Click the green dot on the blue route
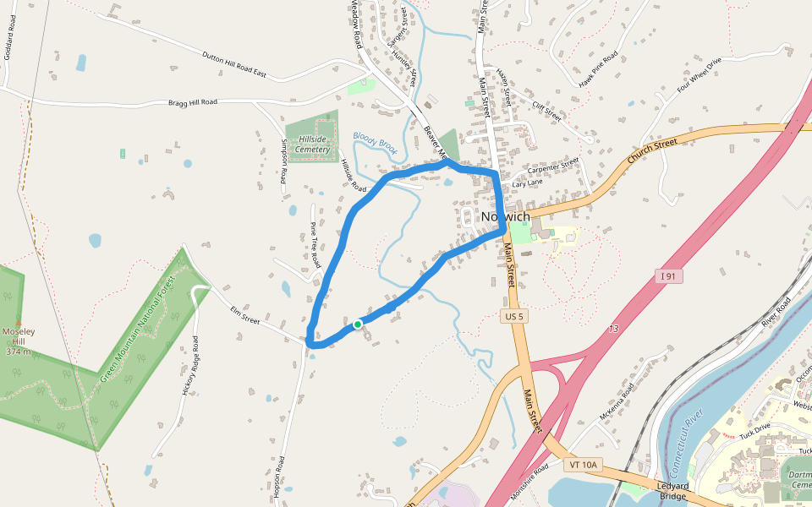pyautogui.click(x=358, y=324)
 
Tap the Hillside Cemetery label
pyautogui.click(x=307, y=144)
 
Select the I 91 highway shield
pyautogui.click(x=667, y=276)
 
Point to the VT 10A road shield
pyautogui.click(x=584, y=465)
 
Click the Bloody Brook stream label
pyautogui.click(x=375, y=139)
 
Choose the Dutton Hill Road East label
pyautogui.click(x=233, y=65)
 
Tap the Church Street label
pyautogui.click(x=653, y=149)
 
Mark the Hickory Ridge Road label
pyautogui.click(x=189, y=367)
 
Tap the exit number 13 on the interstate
pyautogui.click(x=612, y=328)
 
